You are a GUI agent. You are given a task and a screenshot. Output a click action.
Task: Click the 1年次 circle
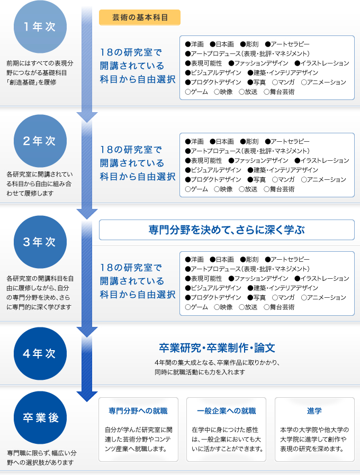(x=40, y=26)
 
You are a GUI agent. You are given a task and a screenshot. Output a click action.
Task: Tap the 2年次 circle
(x=40, y=141)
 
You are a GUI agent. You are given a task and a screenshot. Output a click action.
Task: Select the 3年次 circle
(x=40, y=242)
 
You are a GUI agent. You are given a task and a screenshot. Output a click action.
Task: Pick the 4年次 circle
(x=40, y=353)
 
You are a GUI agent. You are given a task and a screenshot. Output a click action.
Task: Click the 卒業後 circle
(x=40, y=418)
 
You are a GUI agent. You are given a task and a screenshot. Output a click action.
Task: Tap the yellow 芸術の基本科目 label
(x=140, y=17)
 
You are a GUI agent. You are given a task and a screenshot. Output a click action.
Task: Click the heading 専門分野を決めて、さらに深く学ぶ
(x=227, y=230)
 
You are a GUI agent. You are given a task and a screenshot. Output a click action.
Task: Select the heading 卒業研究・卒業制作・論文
(x=217, y=348)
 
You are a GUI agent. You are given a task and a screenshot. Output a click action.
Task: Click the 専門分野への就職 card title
(x=138, y=411)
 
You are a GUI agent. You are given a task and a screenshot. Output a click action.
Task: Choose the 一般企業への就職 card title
(x=226, y=411)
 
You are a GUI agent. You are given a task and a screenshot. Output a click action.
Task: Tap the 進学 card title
(x=314, y=411)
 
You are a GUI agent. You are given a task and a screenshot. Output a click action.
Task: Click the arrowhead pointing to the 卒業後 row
(x=87, y=396)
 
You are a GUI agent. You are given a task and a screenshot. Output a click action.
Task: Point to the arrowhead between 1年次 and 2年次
(x=87, y=117)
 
